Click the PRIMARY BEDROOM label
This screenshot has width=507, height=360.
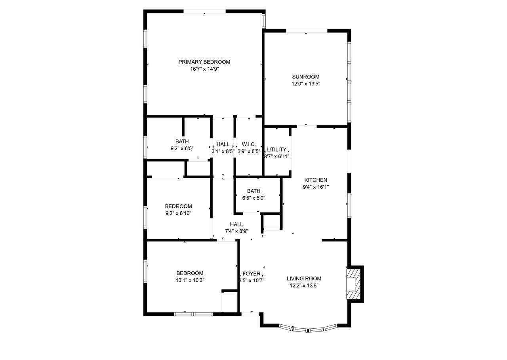tap(204, 62)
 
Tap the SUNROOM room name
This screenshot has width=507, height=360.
tap(305, 77)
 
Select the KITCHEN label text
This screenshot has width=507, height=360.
tap(316, 180)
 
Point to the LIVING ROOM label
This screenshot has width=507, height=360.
tap(304, 278)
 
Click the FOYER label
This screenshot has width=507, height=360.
tap(252, 274)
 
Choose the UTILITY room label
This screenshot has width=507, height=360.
tap(276, 149)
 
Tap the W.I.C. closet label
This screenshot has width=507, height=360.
tap(249, 144)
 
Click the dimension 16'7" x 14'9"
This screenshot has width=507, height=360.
tap(204, 69)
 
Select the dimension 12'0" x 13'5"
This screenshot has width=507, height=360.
tap(306, 84)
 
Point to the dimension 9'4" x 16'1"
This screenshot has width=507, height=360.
tap(316, 187)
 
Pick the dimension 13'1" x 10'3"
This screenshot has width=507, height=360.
tap(190, 280)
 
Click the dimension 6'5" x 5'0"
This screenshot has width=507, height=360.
tap(254, 198)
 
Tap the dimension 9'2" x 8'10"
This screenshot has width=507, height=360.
tap(179, 213)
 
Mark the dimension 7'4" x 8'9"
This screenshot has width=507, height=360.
tap(236, 231)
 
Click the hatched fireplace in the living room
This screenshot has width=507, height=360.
tap(353, 284)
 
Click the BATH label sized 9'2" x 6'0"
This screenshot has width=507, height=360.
tap(182, 142)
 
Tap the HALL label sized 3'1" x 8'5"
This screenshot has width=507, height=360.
tap(223, 144)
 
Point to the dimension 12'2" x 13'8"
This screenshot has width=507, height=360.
tap(304, 285)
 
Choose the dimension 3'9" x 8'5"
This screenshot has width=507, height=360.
tap(249, 151)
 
